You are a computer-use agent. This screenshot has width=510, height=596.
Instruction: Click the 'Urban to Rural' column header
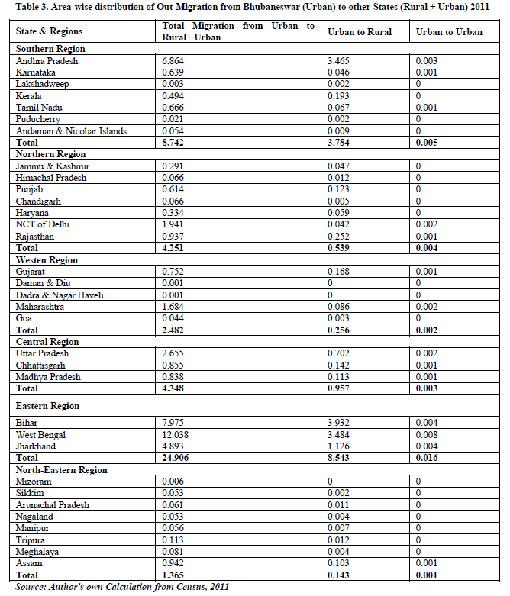360,31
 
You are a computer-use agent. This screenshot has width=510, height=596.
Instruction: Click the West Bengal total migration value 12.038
179,433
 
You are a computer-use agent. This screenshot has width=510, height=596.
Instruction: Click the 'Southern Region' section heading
51,49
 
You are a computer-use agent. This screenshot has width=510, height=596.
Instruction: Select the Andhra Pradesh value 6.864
176,60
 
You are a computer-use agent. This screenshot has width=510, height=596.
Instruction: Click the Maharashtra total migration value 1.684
176,307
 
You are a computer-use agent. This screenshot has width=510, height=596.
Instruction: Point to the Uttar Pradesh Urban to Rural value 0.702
340,353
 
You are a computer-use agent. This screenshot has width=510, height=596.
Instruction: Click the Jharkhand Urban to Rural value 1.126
340,446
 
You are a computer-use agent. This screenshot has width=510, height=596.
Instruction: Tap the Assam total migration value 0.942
176,563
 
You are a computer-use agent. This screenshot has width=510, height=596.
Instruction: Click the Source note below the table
122,587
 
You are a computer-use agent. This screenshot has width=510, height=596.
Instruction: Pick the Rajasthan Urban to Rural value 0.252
340,237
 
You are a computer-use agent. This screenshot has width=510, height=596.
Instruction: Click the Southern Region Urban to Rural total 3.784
341,143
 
